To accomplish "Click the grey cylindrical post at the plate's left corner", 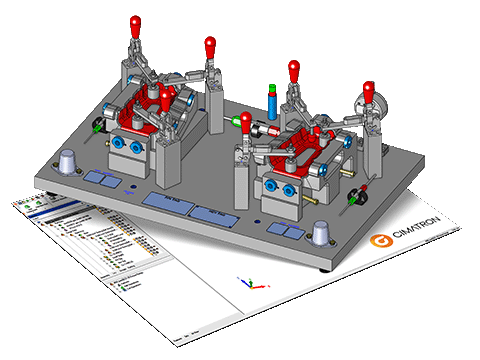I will coord(68,162).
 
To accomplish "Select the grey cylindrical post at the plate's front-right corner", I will coord(321,232).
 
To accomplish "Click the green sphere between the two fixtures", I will coord(237,122).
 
